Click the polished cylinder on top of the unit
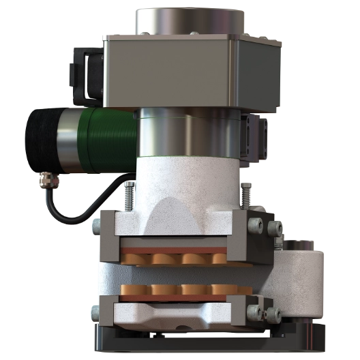[189, 20]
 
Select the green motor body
[109, 140]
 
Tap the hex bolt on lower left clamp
[95, 314]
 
